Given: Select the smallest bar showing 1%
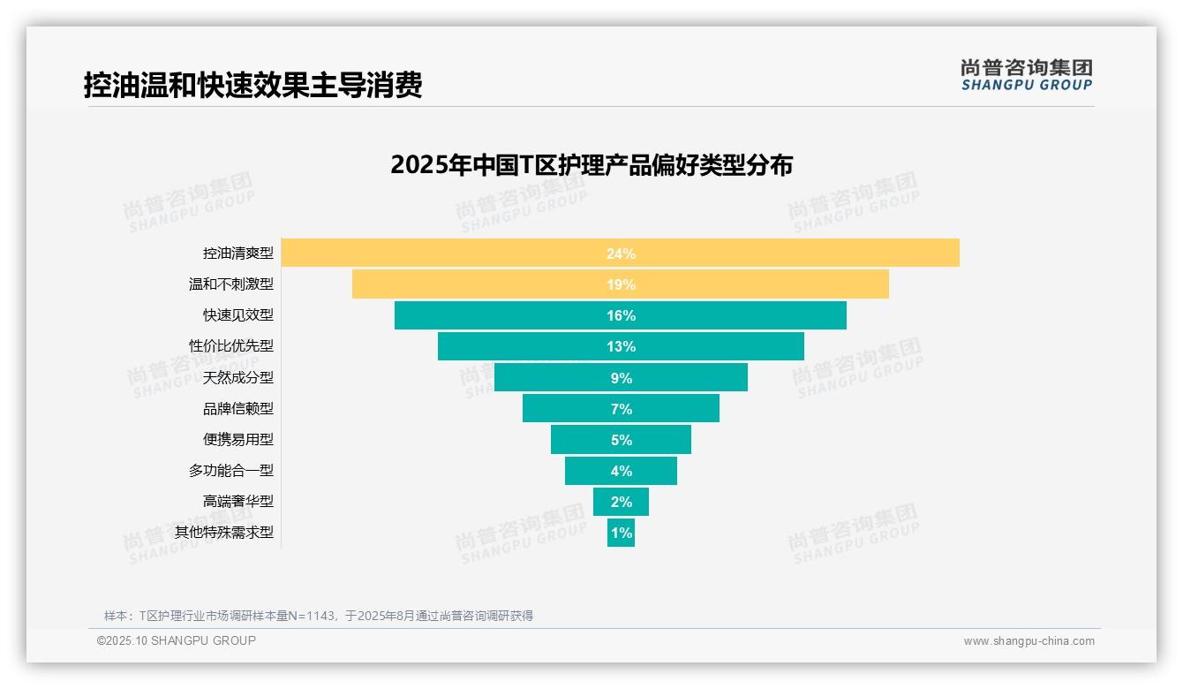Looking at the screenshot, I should pos(621,533).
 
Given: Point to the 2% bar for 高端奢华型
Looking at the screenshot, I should pos(621,502).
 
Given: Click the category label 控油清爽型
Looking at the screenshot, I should pos(237,254).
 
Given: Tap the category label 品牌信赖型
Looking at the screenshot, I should pos(237,408).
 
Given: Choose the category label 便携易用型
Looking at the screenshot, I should pos(237,439).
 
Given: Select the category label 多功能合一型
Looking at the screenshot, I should pos(230,471).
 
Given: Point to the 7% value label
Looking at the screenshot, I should pos(621,409).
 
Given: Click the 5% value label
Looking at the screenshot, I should pos(621,440).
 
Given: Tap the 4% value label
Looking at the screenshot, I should pos(621,471).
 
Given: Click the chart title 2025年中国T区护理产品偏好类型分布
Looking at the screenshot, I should pos(591,165).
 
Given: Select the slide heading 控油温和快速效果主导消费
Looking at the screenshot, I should pos(252,85).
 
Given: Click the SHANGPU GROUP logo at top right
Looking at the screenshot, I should pos(1026,75).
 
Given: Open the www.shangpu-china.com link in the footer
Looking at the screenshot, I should pos(1029,641).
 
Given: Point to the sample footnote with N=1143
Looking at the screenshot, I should pos(318,616).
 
